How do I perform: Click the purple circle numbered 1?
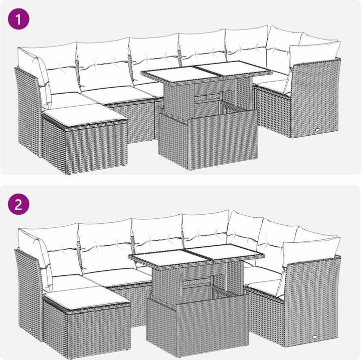tap(19, 19)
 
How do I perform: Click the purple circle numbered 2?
tap(19, 204)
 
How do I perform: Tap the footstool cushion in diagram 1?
tap(85, 117)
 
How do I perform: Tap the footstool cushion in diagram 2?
tap(87, 297)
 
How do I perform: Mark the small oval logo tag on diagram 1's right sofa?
tap(318, 130)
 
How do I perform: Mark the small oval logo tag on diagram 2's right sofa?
tap(314, 337)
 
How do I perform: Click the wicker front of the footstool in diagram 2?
tap(99, 331)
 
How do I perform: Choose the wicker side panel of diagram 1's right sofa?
tap(315, 99)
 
